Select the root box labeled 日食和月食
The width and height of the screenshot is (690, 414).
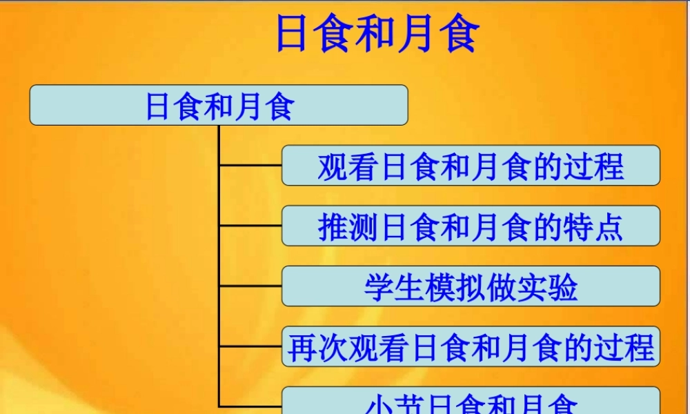(x=219, y=106)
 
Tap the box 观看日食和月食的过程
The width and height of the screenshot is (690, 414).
(x=471, y=166)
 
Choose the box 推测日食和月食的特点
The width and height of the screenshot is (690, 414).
(x=471, y=226)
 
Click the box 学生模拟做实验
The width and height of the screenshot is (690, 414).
(x=471, y=286)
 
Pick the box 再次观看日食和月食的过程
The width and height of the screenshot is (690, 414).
(x=471, y=347)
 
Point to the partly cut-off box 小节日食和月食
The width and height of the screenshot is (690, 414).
(x=471, y=402)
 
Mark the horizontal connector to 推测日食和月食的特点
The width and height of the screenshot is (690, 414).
(x=250, y=226)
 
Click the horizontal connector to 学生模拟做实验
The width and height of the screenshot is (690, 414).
(x=250, y=286)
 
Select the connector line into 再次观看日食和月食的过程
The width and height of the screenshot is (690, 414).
(x=250, y=347)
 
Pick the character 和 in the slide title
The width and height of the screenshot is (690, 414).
(x=377, y=34)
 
